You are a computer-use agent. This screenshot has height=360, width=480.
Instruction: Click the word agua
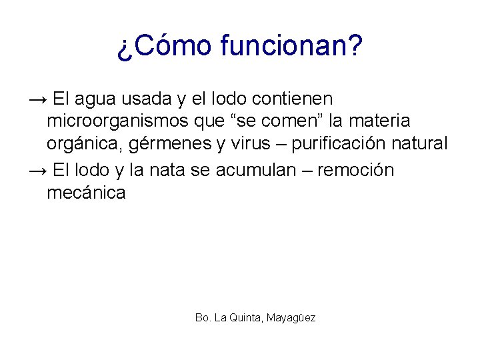click(x=95, y=99)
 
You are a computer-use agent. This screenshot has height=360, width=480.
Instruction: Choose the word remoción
click(x=356, y=171)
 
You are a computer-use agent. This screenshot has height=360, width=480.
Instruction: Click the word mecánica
click(x=86, y=193)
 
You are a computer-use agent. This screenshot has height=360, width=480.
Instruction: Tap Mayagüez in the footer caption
click(x=291, y=318)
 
